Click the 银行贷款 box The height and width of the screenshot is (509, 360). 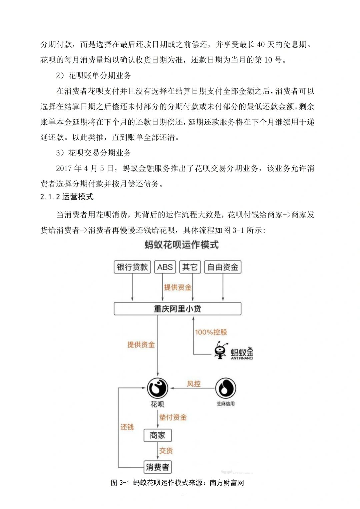132,267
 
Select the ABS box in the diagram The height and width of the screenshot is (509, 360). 165,267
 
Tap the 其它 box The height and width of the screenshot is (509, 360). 190,267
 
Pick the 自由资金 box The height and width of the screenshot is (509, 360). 223,267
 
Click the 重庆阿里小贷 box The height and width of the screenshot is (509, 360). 177,309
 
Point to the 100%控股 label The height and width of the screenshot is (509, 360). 211,332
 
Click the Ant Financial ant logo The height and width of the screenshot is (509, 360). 220,351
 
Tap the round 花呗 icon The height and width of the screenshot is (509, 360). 158,388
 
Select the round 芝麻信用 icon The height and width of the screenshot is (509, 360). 226,388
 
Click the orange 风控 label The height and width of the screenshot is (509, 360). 194,384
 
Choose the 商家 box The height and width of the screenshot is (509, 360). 158,435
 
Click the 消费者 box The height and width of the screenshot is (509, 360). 158,467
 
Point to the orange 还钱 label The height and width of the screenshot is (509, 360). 127,427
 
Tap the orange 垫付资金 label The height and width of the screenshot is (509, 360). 173,417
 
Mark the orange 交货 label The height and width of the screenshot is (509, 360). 166,451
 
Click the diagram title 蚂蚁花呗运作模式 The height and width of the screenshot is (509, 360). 182,245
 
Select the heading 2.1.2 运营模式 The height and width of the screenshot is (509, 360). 67,197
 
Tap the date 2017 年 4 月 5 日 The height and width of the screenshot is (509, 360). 85,169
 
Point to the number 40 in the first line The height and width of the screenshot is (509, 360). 261,45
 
